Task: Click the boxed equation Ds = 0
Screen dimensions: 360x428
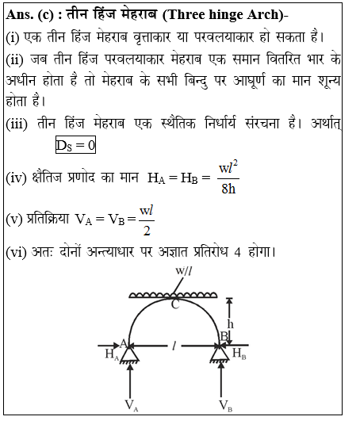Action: coord(75,145)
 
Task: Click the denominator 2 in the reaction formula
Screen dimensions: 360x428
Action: coord(145,231)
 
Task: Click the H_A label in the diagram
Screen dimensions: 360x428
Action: coord(111,353)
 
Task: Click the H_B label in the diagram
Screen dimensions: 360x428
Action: coord(237,353)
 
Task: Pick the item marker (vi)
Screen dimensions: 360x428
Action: coord(17,253)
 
